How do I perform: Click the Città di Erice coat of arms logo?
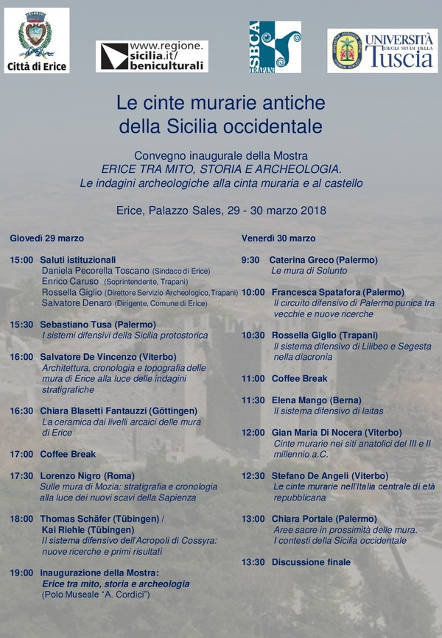36,40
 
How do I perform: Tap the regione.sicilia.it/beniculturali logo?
152,56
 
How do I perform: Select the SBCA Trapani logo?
275,46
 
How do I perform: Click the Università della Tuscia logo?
382,51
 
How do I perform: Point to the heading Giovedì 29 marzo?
46,238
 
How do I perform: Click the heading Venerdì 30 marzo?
278,238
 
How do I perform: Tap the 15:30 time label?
22,324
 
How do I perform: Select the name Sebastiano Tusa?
75,324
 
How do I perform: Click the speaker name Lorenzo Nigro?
71,475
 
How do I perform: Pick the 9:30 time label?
250,260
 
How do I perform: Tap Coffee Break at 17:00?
68,454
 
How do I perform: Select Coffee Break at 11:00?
299,378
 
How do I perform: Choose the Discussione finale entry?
311,562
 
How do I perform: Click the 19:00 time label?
22,572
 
